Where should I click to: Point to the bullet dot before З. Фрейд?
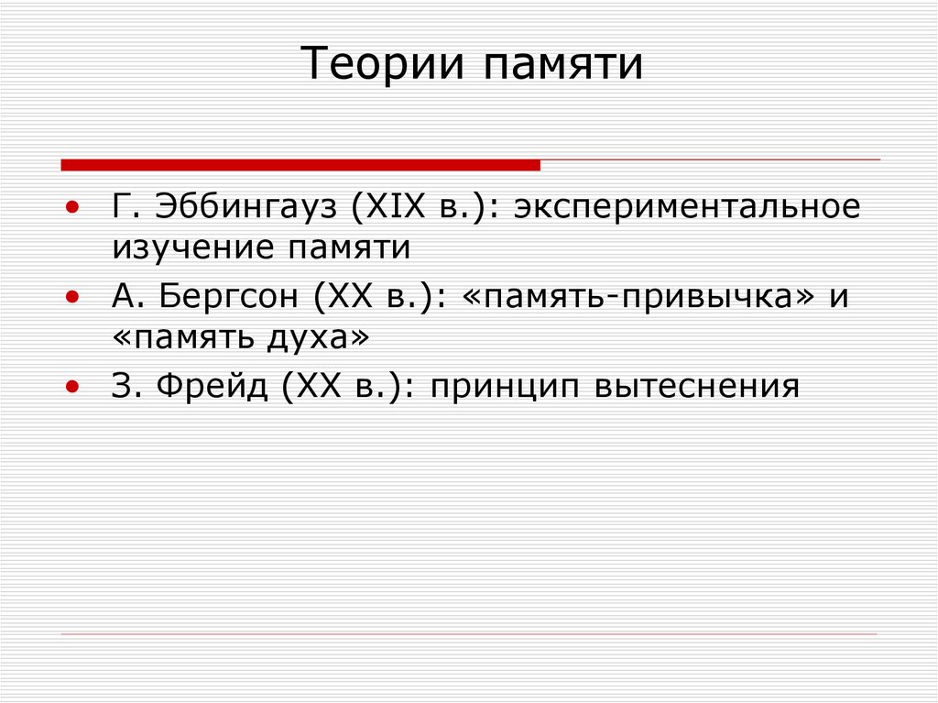72,388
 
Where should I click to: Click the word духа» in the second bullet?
316,337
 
